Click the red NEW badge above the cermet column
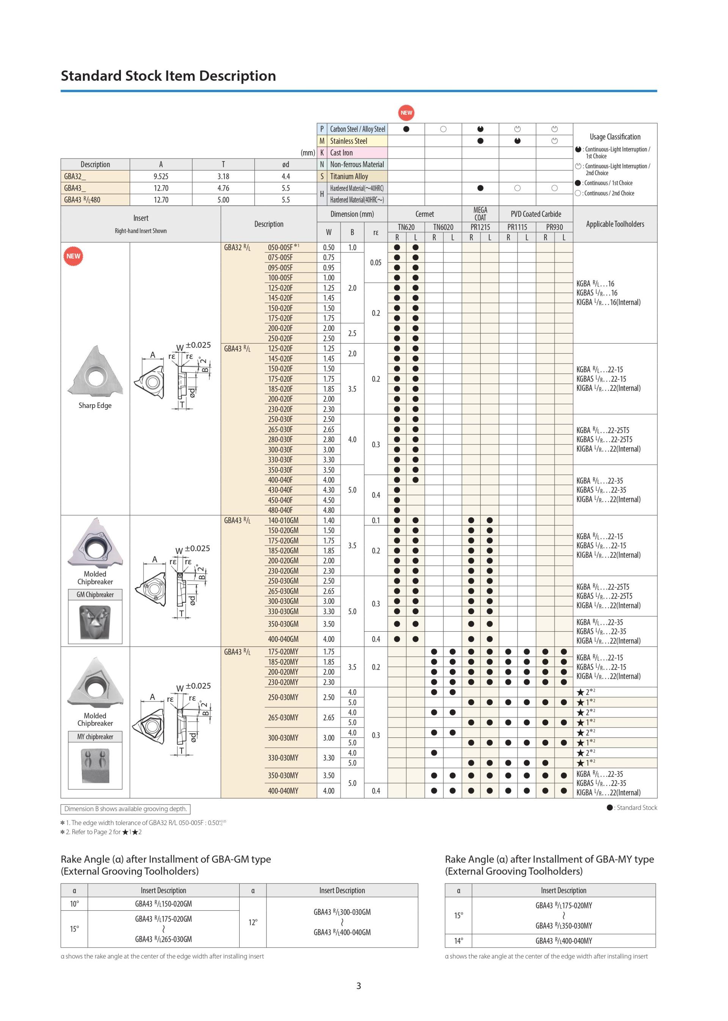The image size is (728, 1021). (x=406, y=113)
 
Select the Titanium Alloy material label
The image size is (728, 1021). (x=349, y=176)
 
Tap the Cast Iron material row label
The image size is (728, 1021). (x=341, y=152)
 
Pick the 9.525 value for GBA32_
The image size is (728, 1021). (x=160, y=176)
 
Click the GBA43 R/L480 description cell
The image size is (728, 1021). (x=83, y=200)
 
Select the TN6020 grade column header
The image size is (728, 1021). (x=443, y=227)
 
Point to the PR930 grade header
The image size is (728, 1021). (x=554, y=227)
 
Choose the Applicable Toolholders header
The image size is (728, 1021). (x=615, y=224)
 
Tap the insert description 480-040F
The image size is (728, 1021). (x=280, y=510)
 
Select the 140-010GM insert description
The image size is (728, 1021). (x=283, y=521)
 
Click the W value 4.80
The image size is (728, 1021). (x=329, y=510)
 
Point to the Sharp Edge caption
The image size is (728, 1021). (x=95, y=405)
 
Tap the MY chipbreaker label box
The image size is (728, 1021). (x=95, y=736)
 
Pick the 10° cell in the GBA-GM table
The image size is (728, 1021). (x=74, y=903)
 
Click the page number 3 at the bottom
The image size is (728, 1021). (x=359, y=986)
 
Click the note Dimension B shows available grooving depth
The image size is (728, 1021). (x=126, y=809)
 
